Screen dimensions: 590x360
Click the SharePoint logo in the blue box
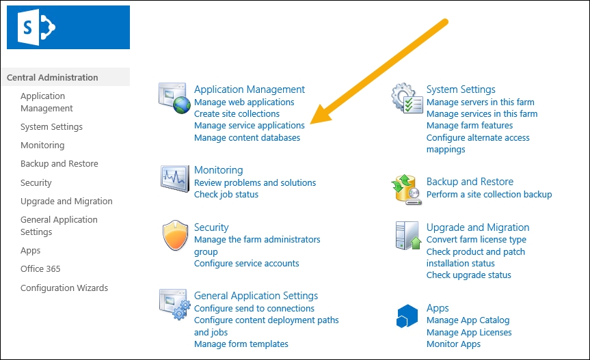(x=36, y=27)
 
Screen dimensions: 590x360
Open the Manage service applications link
(x=249, y=126)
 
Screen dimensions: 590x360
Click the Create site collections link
(x=237, y=114)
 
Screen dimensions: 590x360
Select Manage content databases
(x=247, y=138)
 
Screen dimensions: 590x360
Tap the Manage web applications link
(x=244, y=102)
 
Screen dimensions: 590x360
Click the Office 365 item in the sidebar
(x=40, y=269)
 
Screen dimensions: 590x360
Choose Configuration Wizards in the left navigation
(x=64, y=288)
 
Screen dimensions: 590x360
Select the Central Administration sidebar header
(x=53, y=77)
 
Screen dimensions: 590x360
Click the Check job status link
(x=226, y=195)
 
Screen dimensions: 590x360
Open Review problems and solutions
(x=255, y=183)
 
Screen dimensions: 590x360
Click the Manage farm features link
(x=469, y=126)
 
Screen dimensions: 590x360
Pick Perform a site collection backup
(x=489, y=195)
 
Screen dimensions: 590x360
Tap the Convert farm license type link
(x=476, y=240)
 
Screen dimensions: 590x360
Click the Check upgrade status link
(x=468, y=275)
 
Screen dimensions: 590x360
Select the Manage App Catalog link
(x=468, y=320)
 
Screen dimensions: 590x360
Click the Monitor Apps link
(x=453, y=344)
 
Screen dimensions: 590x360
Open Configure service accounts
(x=247, y=264)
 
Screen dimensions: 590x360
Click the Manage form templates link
(x=241, y=344)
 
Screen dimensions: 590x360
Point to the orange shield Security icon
(x=175, y=235)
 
